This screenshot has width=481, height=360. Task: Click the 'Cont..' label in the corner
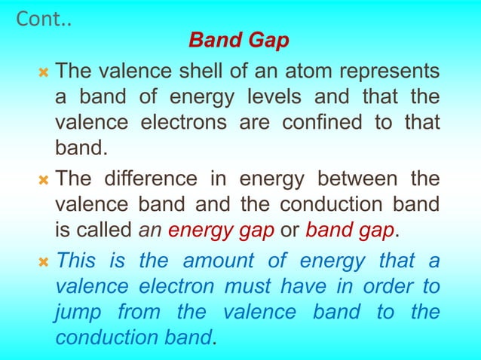[44, 19]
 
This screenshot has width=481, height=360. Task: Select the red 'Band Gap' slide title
[238, 40]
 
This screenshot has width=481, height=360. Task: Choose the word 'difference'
[156, 179]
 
